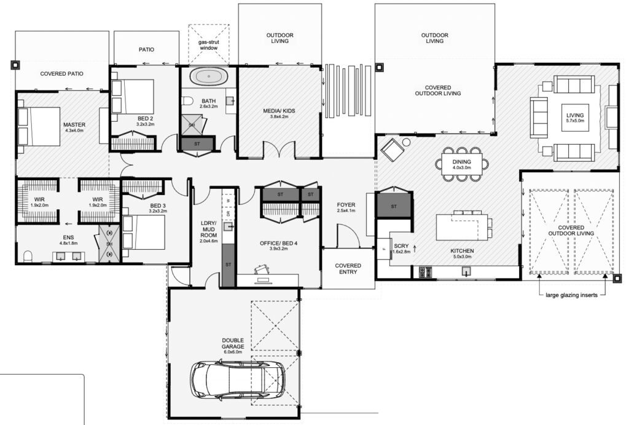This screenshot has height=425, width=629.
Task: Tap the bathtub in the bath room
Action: point(208,77)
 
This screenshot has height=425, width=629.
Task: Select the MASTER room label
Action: point(74,125)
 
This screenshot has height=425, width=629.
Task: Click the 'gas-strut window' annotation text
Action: point(208,43)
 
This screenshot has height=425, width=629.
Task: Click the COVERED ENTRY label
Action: point(348,269)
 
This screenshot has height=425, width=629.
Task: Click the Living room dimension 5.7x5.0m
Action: point(574,122)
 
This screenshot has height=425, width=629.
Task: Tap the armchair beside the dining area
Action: point(391,148)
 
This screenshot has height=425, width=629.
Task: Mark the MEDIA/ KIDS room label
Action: point(279,111)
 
